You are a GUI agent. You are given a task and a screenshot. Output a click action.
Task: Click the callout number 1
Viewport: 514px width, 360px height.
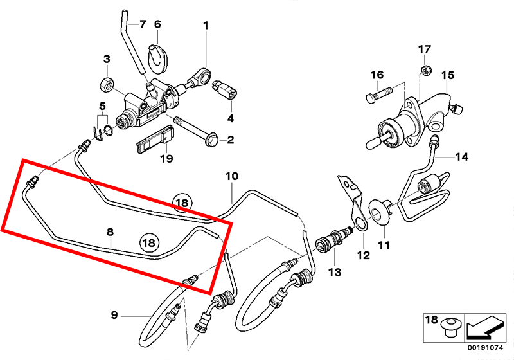click(206, 26)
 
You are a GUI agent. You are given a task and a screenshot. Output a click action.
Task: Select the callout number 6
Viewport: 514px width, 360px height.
click(157, 25)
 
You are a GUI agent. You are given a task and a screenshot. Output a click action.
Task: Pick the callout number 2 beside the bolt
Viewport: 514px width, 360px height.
click(230, 139)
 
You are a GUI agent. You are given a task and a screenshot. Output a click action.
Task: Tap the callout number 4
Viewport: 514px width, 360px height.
click(230, 118)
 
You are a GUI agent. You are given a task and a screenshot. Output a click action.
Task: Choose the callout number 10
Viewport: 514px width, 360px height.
click(231, 175)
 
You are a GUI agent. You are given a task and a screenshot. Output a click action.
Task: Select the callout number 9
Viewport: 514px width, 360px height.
click(114, 314)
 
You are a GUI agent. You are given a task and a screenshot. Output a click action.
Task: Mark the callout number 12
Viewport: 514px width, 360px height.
click(364, 255)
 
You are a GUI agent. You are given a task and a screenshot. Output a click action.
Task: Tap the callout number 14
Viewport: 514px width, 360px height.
click(463, 157)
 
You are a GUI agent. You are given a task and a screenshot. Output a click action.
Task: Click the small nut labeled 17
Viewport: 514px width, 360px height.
click(425, 69)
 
